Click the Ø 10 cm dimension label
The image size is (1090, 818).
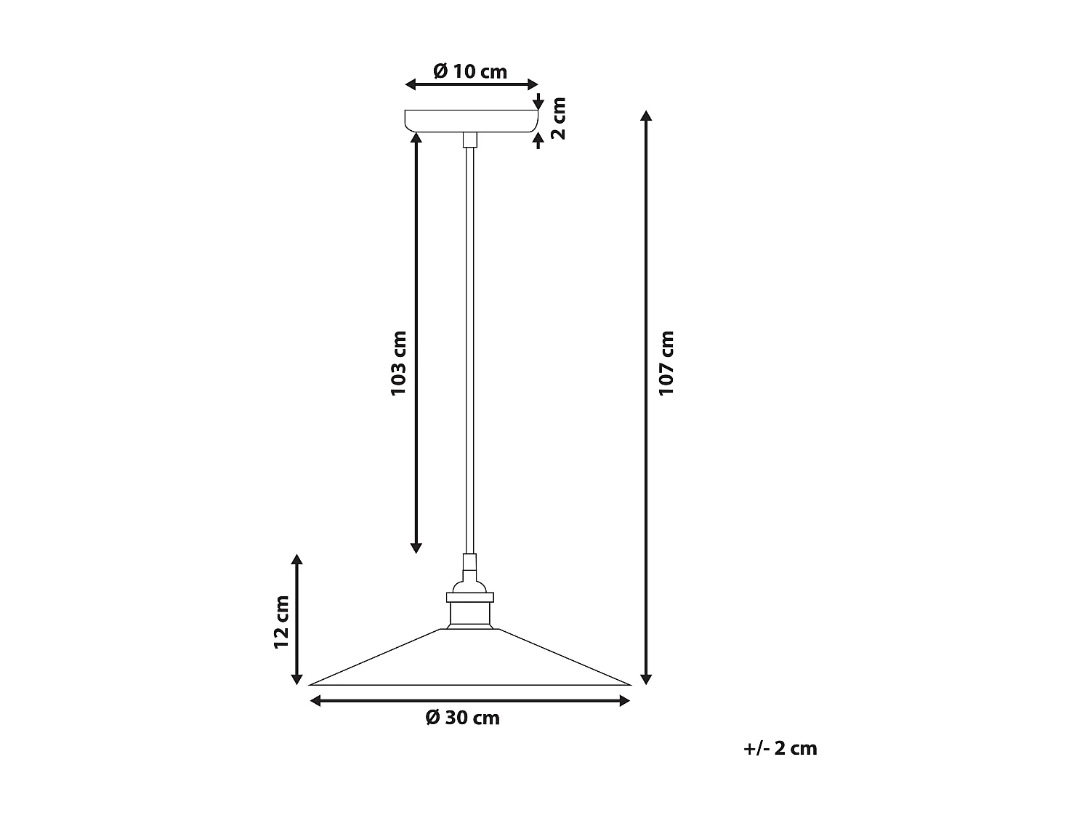click(x=470, y=71)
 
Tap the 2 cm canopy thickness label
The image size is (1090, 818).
click(x=558, y=118)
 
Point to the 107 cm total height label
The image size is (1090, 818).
click(x=666, y=363)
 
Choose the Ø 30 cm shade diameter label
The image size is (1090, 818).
click(x=463, y=718)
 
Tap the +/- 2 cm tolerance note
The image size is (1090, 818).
click(x=780, y=748)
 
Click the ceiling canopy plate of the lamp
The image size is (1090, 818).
click(x=471, y=121)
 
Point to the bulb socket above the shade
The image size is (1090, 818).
click(x=470, y=609)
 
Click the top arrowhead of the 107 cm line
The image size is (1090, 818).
click(x=646, y=115)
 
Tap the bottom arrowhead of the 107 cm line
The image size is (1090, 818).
click(x=646, y=679)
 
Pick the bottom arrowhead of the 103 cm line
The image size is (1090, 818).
click(x=416, y=548)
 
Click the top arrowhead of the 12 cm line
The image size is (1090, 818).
click(x=296, y=559)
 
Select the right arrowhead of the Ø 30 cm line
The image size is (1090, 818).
click(x=624, y=700)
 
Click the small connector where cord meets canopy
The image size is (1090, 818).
click(x=470, y=140)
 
